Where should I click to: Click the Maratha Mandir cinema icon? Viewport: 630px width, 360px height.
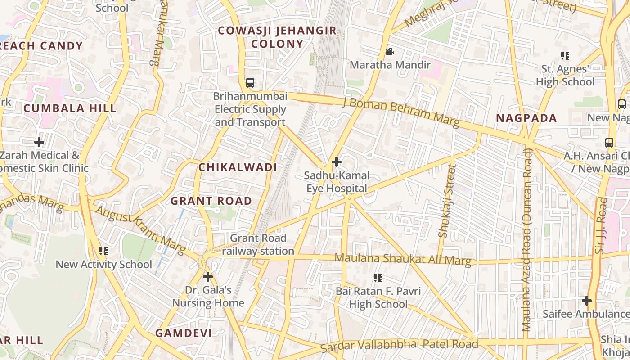(x=390, y=52)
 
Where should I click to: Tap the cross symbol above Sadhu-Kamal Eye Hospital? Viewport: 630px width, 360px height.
(x=336, y=162)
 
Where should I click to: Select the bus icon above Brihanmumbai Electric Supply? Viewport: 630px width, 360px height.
(x=250, y=83)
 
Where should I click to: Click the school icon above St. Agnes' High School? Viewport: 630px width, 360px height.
(x=565, y=56)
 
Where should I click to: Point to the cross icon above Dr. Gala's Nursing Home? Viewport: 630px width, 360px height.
(x=208, y=277)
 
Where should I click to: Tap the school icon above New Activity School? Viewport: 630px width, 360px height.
(x=103, y=251)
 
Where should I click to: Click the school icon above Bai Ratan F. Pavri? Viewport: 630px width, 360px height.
(x=378, y=278)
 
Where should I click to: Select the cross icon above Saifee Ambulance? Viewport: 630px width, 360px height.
(x=587, y=300)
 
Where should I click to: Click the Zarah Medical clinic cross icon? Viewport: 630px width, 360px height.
(x=39, y=142)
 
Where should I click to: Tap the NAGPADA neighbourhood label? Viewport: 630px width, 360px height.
(x=526, y=118)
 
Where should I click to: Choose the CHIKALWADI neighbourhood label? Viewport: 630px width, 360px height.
(x=238, y=167)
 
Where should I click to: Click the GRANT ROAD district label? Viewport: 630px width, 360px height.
(x=211, y=201)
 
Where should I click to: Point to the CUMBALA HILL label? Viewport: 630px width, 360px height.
(x=70, y=108)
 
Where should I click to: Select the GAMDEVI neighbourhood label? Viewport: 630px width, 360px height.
(x=184, y=333)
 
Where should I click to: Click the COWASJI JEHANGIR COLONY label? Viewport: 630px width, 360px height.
(x=277, y=37)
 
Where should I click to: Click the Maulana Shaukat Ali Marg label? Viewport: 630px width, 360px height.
(x=403, y=259)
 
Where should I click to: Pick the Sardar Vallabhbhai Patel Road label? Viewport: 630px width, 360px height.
(x=399, y=346)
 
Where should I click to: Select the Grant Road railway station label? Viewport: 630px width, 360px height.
(x=258, y=244)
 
